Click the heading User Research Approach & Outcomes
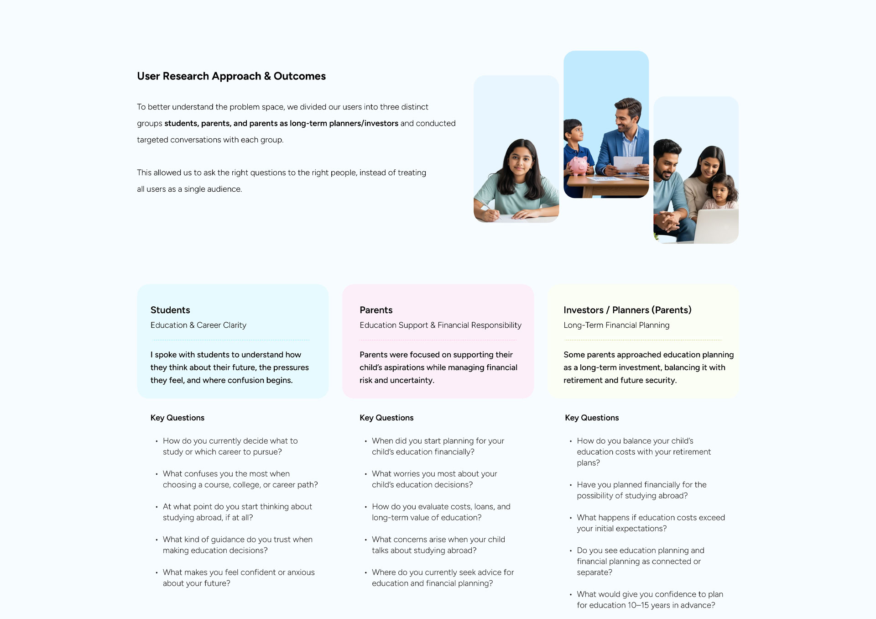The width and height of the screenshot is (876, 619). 231,76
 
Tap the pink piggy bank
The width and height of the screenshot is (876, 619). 578,166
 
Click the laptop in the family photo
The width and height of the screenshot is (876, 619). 716,226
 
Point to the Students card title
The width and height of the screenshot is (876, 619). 170,310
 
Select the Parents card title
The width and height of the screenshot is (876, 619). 376,310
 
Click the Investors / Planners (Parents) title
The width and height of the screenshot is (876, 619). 627,310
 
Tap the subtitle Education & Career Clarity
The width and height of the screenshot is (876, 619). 198,325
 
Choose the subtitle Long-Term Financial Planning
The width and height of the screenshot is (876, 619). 616,325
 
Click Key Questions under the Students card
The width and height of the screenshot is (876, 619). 177,418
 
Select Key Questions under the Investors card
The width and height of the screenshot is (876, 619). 592,418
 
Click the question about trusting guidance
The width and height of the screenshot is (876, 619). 237,545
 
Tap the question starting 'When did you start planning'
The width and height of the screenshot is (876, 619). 438,446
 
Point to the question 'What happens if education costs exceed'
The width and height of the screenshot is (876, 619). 650,523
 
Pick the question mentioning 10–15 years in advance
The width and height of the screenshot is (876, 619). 649,600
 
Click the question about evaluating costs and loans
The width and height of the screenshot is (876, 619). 441,512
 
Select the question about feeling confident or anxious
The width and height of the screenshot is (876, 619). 238,578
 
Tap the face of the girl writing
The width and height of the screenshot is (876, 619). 520,160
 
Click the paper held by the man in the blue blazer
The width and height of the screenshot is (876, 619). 628,164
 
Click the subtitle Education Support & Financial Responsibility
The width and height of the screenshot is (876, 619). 440,325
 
